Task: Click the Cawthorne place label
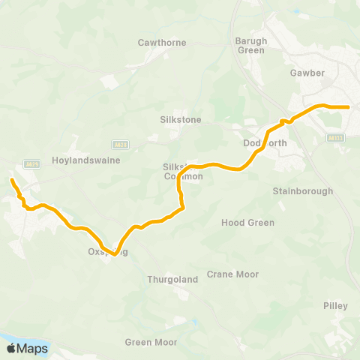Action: pos(161,43)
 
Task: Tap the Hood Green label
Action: pos(247,223)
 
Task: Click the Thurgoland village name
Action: pos(172,280)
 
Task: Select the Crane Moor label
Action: pos(232,274)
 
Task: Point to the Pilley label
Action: pos(335,306)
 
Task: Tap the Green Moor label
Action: pos(151,343)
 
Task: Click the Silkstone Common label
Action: pos(183,172)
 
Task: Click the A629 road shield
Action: pos(31,164)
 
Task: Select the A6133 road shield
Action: pos(335,138)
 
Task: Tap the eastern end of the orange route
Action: pos(349,107)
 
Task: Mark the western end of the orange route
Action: pos(11,180)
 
